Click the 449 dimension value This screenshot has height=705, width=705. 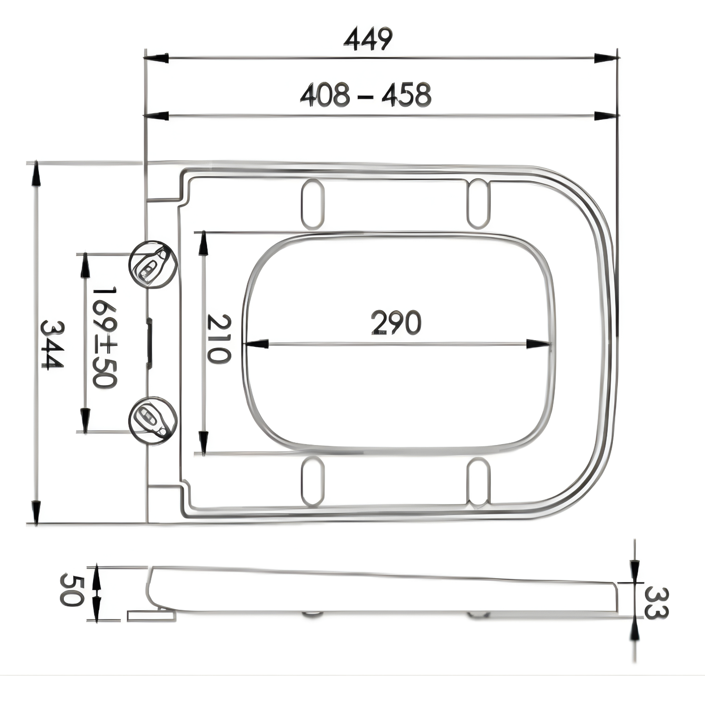coord(368,40)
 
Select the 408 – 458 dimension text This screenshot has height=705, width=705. coord(365,96)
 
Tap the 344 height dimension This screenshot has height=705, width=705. coord(52,345)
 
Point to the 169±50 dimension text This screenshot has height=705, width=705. coord(105,338)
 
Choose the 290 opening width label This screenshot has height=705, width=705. coord(396,323)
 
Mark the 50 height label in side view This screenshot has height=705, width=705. coord(70,590)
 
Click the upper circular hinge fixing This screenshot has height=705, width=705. coord(153,265)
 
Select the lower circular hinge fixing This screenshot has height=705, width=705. coord(153,420)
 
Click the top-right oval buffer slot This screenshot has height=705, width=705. coord(478,203)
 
